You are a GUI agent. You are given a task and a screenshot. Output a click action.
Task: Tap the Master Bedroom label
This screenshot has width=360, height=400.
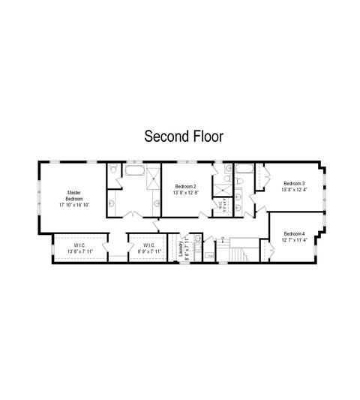coord(73,195)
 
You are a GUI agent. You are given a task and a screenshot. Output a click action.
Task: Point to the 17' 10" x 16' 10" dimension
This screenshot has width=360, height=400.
coord(73,205)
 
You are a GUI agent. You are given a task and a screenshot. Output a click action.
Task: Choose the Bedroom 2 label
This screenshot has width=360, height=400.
coord(185,186)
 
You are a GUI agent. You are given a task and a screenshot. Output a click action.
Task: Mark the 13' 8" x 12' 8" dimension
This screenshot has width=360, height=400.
coord(185,193)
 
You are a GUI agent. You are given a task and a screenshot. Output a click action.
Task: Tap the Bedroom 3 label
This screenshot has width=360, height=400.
coord(294,183)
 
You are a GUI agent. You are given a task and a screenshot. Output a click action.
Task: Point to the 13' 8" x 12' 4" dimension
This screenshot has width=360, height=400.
coord(294,190)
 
